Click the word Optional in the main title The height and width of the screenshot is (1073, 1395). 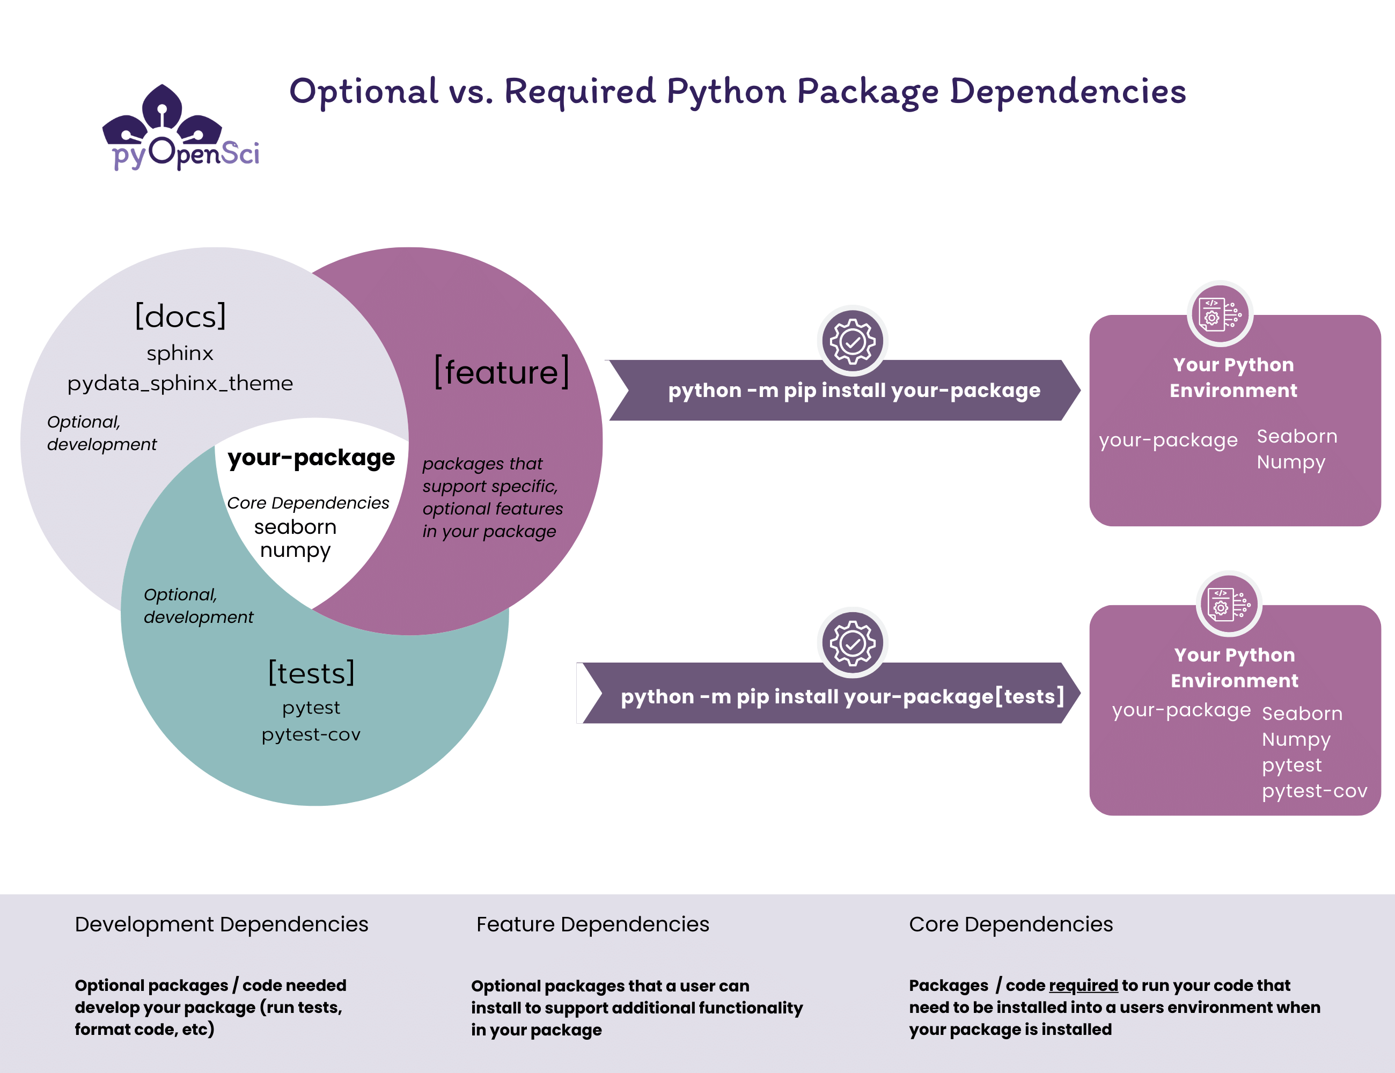coord(363,91)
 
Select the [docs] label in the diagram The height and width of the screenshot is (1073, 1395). coord(181,316)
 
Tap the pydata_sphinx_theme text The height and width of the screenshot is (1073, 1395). coord(180,383)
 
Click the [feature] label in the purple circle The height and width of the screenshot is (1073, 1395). coord(502,372)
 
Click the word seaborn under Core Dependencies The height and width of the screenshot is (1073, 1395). coord(295,527)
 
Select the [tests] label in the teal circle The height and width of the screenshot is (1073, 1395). coord(311,673)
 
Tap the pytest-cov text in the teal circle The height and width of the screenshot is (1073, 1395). coord(311,734)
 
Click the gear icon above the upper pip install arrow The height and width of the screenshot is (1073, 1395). coord(852,341)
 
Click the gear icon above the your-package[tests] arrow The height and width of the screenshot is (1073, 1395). coord(852,643)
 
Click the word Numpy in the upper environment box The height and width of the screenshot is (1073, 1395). coord(1290,462)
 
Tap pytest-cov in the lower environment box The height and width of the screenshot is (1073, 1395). coord(1314,791)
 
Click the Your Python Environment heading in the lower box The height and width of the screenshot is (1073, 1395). coord(1234,667)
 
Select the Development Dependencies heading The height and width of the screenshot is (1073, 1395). coord(221,924)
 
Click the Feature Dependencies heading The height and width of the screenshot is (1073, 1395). coord(592,924)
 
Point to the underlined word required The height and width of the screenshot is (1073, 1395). coord(1083,986)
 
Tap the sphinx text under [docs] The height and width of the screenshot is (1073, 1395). coord(180,353)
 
